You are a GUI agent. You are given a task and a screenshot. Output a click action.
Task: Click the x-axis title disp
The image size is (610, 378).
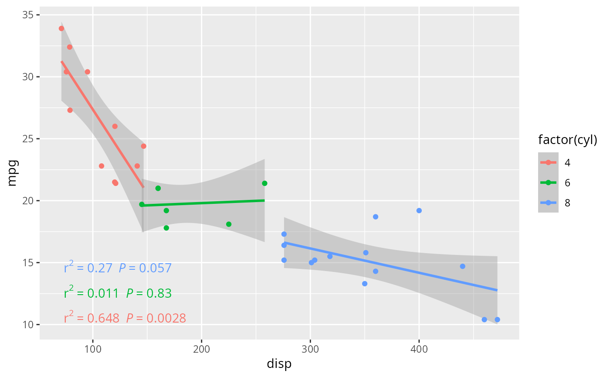point(279,364)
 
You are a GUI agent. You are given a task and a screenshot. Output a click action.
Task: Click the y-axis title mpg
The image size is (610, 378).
point(13,173)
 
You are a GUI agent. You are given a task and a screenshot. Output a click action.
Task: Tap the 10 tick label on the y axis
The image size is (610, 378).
point(28,325)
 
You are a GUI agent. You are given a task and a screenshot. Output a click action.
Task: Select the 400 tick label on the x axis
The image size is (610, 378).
point(419,349)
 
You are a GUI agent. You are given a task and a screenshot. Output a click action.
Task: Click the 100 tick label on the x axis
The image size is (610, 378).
point(93,349)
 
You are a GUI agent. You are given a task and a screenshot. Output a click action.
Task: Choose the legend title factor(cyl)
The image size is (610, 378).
point(567,140)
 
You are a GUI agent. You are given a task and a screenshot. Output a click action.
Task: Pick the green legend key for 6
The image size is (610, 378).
point(548,183)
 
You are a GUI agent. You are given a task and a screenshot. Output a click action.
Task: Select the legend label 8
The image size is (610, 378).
point(567,203)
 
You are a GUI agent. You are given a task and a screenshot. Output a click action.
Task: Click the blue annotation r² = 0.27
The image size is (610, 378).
point(88,267)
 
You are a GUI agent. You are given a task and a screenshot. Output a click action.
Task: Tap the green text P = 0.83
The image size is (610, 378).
point(149,293)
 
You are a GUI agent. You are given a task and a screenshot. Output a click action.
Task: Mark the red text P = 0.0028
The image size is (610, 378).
point(156,318)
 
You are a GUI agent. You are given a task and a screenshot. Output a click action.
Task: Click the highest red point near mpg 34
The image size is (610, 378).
point(61,28)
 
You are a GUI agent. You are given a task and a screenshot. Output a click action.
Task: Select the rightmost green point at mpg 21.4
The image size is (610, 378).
point(264,183)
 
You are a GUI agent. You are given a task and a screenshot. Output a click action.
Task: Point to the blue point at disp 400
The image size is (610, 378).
point(419,210)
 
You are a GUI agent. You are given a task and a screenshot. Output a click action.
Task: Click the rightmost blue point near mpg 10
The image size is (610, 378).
point(497,320)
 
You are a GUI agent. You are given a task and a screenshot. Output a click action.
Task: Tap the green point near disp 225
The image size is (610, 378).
point(229,224)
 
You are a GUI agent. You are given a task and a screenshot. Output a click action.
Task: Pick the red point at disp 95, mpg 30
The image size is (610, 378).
point(88,72)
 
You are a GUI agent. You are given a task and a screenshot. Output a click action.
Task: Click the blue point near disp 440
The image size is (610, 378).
point(462,266)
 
